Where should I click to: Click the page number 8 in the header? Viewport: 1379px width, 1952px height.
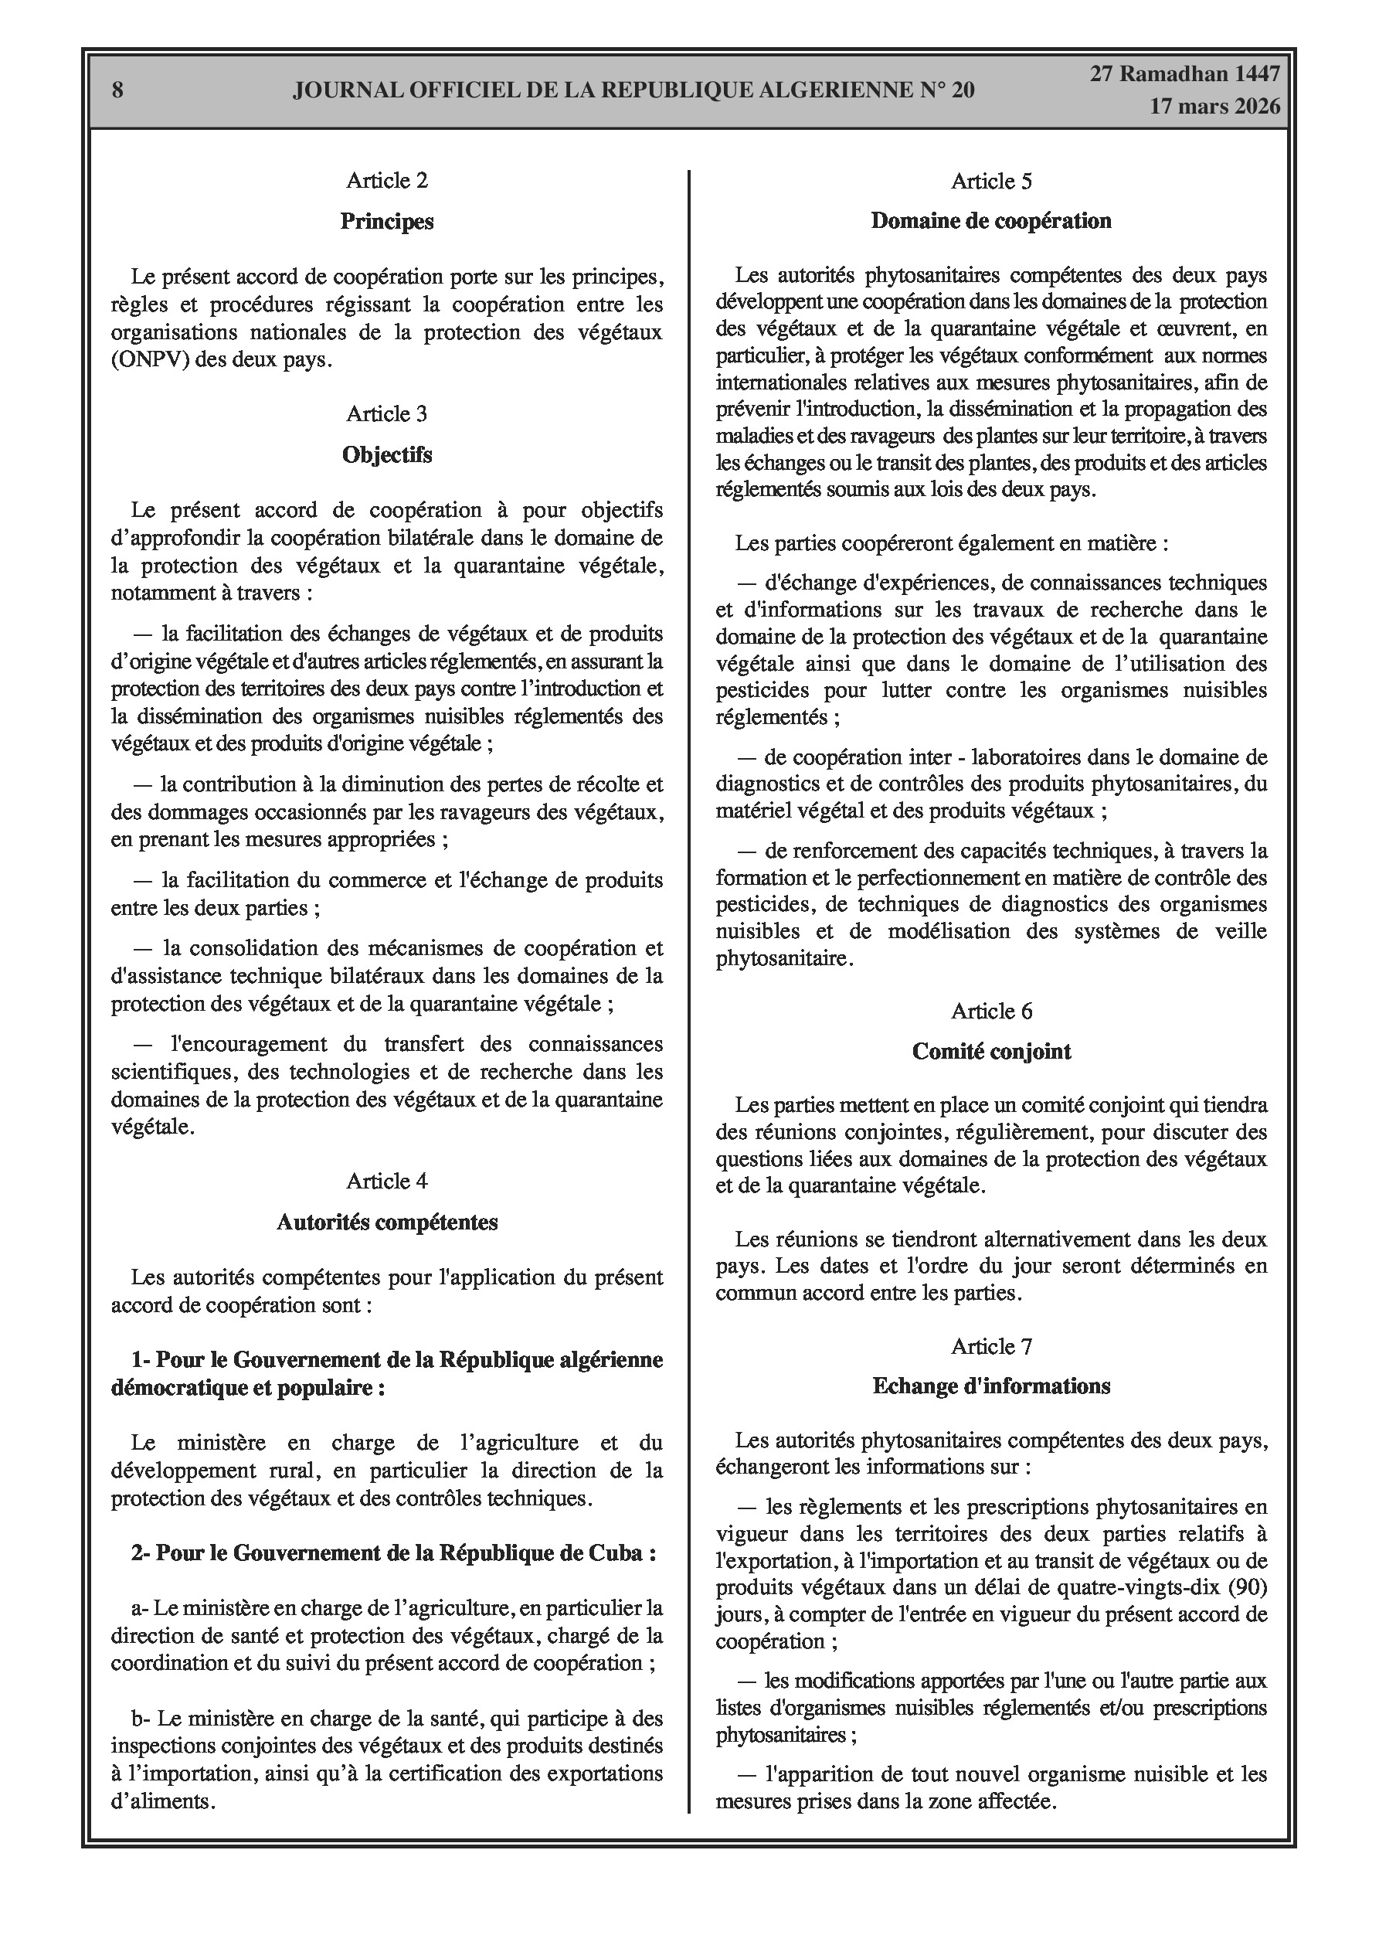pos(117,90)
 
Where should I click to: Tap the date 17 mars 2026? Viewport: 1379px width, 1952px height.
pos(1214,107)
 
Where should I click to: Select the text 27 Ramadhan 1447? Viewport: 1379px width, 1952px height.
pos(1185,74)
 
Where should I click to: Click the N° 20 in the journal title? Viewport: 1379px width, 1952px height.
pos(946,90)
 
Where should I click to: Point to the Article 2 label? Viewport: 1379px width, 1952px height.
pos(387,180)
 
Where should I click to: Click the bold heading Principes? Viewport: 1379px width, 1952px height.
pos(387,221)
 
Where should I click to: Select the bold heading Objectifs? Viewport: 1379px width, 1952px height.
pos(387,455)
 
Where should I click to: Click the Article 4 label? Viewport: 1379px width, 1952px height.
pos(387,1181)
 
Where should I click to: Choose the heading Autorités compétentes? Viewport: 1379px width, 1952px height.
pos(387,1222)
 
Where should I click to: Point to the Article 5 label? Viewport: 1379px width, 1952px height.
pos(991,181)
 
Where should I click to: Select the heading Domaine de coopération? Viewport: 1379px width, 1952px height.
pos(991,221)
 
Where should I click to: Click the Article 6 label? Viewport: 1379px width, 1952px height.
pos(991,1011)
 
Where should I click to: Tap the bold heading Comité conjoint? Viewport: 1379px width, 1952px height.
pos(991,1052)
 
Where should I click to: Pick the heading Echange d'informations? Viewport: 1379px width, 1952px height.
pos(991,1386)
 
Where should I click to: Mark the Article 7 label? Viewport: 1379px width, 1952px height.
pos(991,1347)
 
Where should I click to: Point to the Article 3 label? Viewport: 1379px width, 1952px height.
pos(387,414)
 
